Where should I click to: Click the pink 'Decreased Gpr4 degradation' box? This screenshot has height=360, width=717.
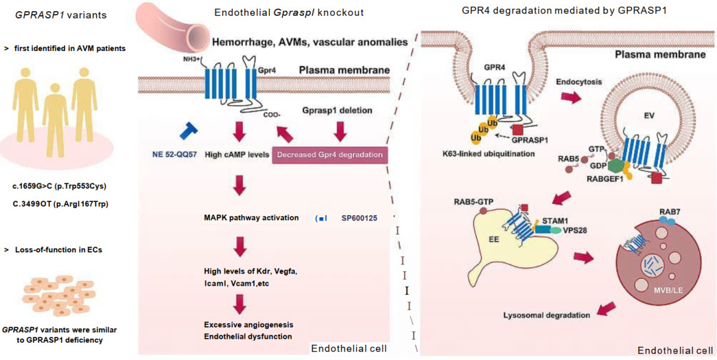click(330, 155)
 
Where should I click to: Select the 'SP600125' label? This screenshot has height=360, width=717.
click(362, 217)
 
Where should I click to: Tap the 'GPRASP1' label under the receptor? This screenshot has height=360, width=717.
click(528, 141)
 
